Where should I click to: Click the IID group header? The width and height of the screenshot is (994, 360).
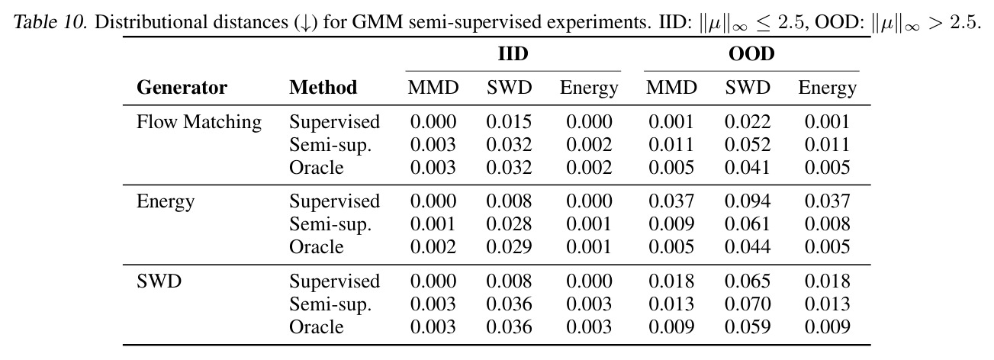pyautogui.click(x=513, y=53)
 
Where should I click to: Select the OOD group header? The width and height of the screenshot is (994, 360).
pyautogui.click(x=751, y=53)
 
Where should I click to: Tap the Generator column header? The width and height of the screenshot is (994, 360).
pyautogui.click(x=182, y=87)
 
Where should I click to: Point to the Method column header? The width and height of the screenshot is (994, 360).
pyautogui.click(x=323, y=87)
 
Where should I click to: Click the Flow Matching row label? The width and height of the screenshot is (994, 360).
pyautogui.click(x=199, y=122)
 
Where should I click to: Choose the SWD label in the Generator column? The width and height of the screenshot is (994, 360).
pyautogui.click(x=159, y=281)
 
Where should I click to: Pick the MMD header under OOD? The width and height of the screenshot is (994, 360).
pyautogui.click(x=671, y=87)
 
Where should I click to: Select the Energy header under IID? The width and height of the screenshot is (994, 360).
pyautogui.click(x=589, y=88)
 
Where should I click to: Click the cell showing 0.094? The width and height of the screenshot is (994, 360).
pyautogui.click(x=748, y=201)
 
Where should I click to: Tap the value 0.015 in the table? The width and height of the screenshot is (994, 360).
pyautogui.click(x=509, y=121)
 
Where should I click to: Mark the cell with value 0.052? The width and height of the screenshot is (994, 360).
pyautogui.click(x=748, y=145)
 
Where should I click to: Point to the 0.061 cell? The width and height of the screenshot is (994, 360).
pyautogui.click(x=748, y=223)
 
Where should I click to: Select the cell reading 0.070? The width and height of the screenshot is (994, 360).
pyautogui.click(x=748, y=304)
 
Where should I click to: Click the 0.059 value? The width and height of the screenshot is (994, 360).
pyautogui.click(x=748, y=326)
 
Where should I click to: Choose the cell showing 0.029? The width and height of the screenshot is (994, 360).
pyautogui.click(x=509, y=247)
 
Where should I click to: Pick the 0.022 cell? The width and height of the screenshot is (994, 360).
pyautogui.click(x=748, y=121)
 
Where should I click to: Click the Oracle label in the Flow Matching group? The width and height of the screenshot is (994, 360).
pyautogui.click(x=317, y=167)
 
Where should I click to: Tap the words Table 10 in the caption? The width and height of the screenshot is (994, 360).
pyautogui.click(x=50, y=22)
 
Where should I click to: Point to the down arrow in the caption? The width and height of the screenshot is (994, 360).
pyautogui.click(x=305, y=23)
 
